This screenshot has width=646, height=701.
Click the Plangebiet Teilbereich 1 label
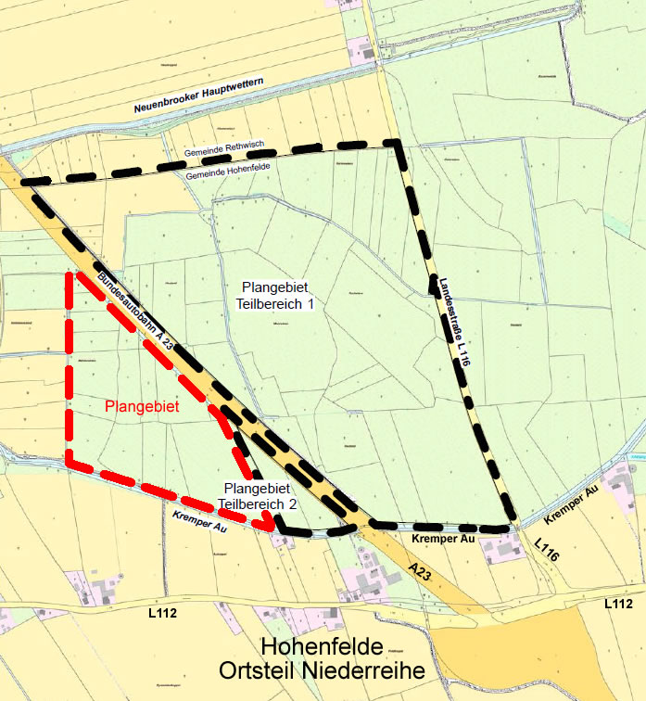pyautogui.click(x=279, y=296)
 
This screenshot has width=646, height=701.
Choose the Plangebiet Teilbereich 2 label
pyautogui.click(x=258, y=496)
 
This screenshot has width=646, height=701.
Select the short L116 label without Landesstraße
pyautogui.click(x=546, y=550)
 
